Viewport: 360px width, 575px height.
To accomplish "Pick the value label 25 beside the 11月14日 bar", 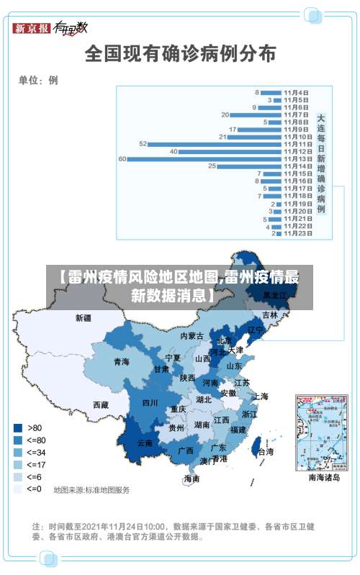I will [212, 166].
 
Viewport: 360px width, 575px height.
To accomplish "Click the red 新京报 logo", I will [32, 28].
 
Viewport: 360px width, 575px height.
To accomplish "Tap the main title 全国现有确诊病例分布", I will [180, 54].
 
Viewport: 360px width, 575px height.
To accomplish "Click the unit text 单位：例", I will [38, 81].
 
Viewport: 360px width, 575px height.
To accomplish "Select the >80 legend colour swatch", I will [18, 427].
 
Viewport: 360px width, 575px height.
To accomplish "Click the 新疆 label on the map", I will [84, 317].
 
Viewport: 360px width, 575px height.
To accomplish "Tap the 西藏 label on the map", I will [100, 405].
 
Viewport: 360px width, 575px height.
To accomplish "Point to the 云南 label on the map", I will [145, 443].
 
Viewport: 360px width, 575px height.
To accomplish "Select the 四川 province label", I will [150, 402].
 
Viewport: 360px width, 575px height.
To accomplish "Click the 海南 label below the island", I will [192, 478].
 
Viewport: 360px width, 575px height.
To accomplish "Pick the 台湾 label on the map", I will [266, 452].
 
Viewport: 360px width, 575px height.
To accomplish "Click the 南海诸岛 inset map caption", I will [325, 477].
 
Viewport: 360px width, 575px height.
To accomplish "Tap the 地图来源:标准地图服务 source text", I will [91, 490].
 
